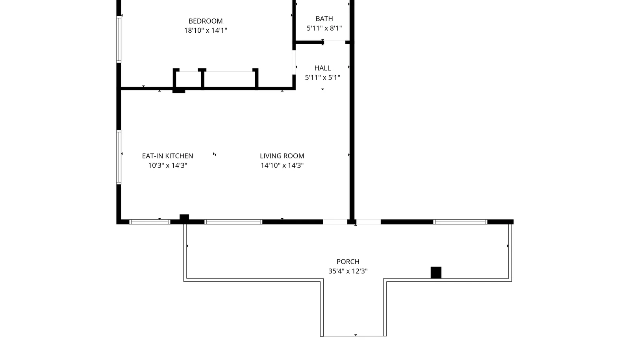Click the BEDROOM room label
205,21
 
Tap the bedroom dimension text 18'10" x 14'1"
205,30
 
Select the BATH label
324,19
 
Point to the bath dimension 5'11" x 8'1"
324,28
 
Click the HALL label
322,68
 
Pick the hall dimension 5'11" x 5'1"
322,77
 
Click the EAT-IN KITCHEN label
167,156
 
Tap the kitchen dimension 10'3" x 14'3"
167,165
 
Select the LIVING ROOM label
282,156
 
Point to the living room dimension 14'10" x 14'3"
282,165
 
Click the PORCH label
348,262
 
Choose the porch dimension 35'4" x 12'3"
348,271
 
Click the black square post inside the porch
436,273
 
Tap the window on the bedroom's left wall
119,39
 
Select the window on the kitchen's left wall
119,157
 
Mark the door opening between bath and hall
334,42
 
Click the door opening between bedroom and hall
294,63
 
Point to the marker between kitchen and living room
215,154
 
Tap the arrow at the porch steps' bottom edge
356,335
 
